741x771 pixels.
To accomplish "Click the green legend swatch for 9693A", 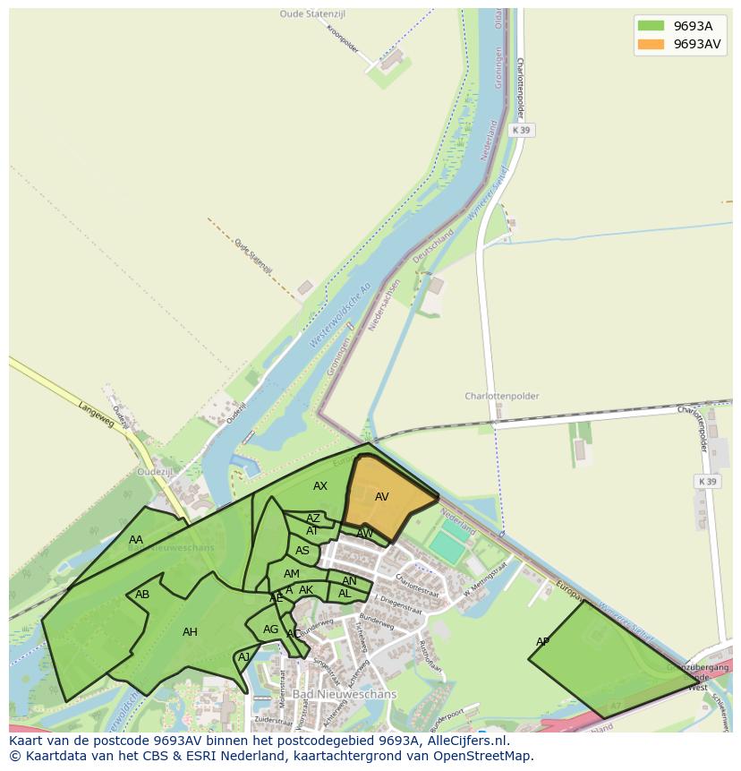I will [650, 26].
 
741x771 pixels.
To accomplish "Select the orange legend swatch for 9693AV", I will [650, 44].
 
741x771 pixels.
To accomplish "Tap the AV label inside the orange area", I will [382, 497].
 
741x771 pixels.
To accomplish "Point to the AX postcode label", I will [320, 486].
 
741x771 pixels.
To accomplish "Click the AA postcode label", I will [136, 540].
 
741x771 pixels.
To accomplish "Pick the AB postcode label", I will [142, 595].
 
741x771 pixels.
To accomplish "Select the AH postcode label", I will [190, 632].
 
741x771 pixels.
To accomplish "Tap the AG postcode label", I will [270, 630].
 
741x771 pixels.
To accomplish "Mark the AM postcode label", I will [292, 574].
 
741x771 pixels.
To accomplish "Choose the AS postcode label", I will [302, 551].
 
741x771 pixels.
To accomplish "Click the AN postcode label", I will [349, 581].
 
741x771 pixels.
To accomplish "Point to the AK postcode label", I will [306, 590].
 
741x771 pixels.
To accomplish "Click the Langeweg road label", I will [96, 415].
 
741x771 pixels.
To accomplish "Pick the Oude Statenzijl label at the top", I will [311, 14].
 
